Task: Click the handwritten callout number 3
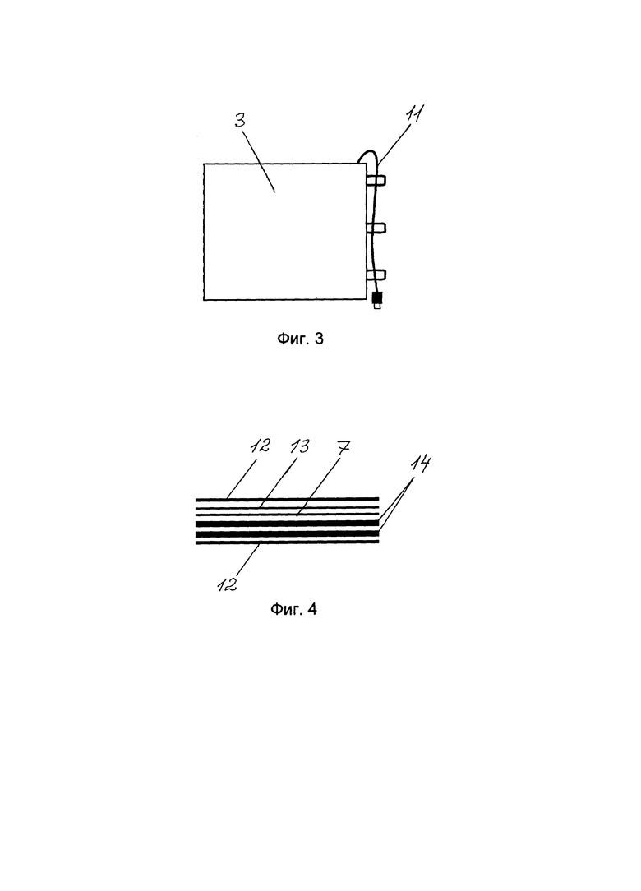click(240, 121)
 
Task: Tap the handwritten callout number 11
click(415, 114)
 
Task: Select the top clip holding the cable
click(376, 182)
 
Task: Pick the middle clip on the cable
click(376, 228)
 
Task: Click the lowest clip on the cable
click(376, 275)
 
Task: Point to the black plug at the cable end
click(376, 298)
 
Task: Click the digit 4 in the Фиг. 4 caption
click(311, 609)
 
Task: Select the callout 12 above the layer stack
click(261, 445)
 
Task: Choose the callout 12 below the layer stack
click(228, 584)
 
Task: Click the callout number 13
click(299, 446)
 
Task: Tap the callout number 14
click(419, 464)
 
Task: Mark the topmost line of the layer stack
click(287, 499)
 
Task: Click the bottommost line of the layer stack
click(287, 542)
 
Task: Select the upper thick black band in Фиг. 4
click(287, 523)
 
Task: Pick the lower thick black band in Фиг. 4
click(287, 533)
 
